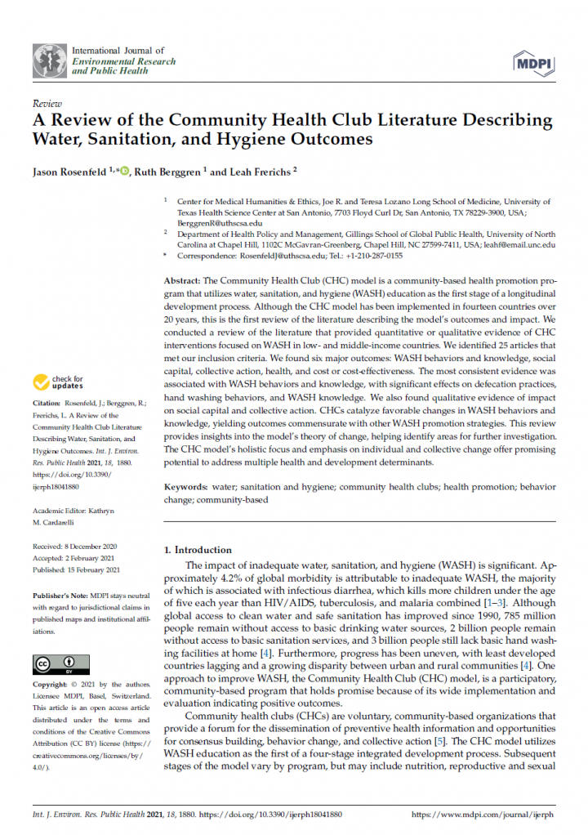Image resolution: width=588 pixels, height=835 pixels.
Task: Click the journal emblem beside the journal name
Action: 49,60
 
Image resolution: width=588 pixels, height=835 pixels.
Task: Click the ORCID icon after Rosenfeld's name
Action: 125,172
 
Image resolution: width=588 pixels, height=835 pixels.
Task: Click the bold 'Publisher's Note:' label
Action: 61,596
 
